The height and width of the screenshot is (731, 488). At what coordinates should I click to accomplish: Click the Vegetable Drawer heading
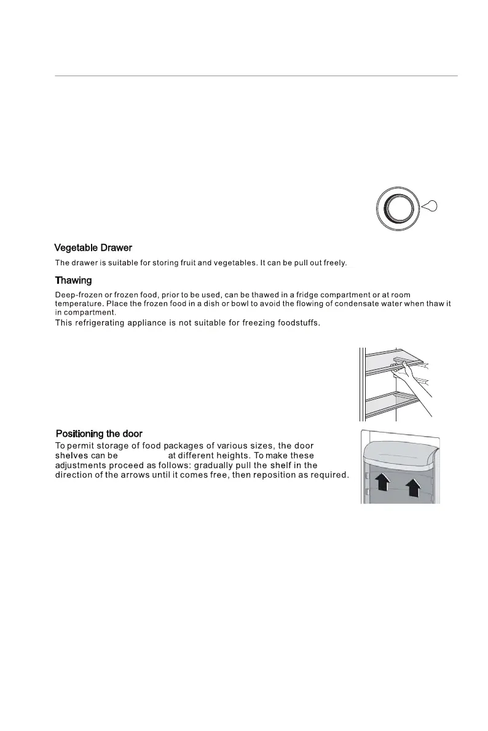(93, 248)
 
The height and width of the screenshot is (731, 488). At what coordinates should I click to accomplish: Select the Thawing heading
(73, 281)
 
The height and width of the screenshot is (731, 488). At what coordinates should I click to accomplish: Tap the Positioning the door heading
(100, 434)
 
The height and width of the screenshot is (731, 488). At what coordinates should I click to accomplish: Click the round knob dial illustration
(396, 207)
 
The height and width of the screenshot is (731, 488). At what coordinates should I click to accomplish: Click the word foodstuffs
(296, 323)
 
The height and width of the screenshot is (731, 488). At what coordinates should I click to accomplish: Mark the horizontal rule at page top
(256, 76)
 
